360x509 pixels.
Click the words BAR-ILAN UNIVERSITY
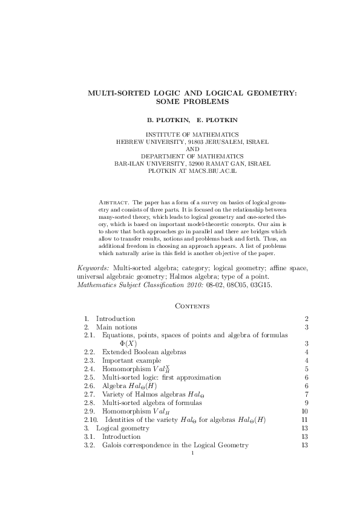pyautogui.click(x=151, y=163)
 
